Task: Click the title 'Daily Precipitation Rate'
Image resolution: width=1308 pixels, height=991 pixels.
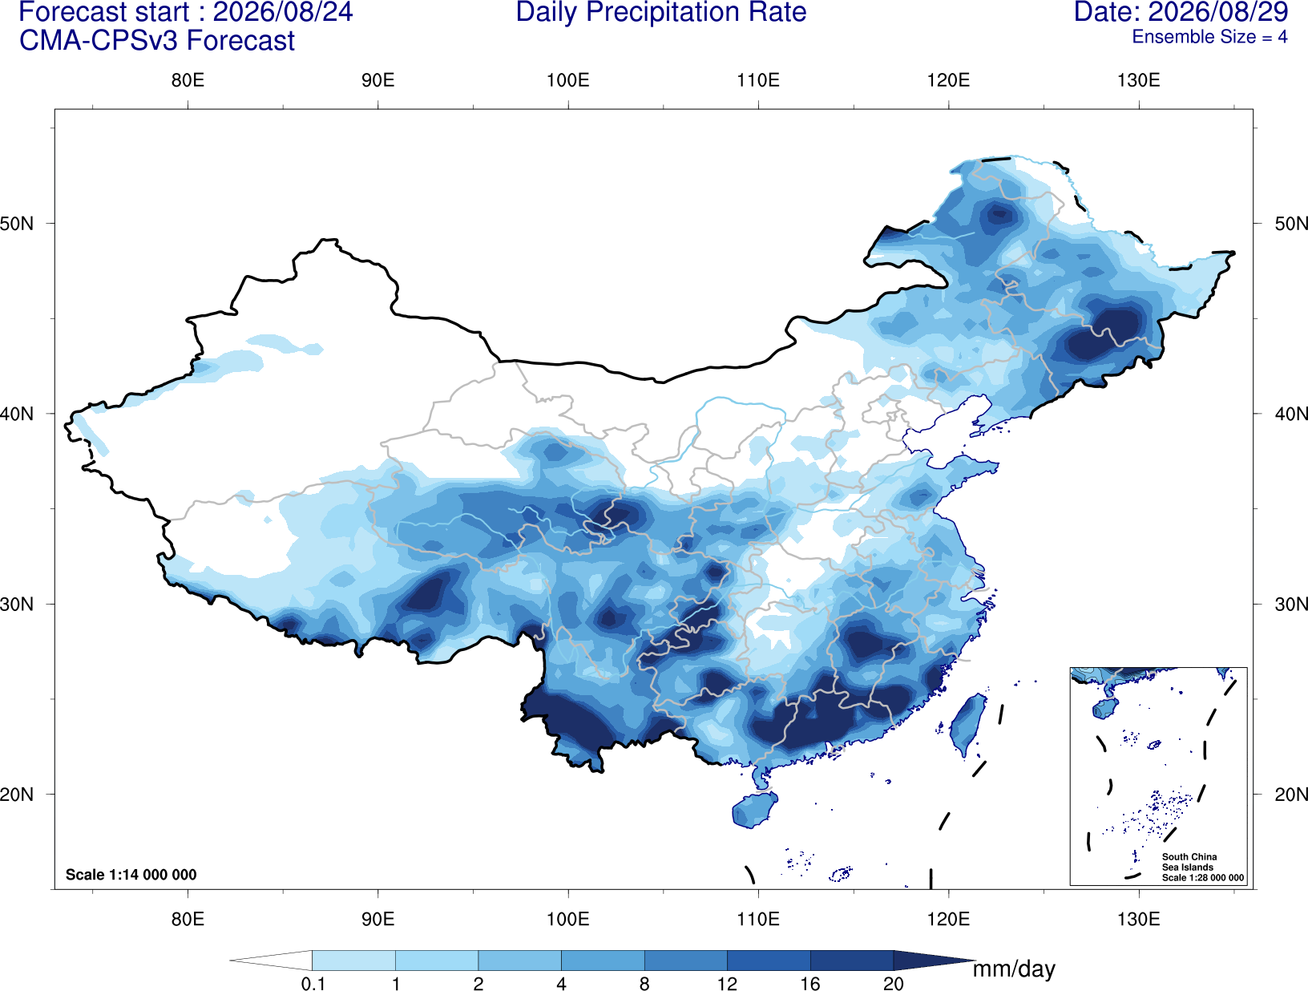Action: point(661,12)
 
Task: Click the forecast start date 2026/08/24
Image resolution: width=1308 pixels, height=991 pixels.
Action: point(282,12)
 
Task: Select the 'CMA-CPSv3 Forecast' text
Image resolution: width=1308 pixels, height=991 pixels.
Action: point(157,41)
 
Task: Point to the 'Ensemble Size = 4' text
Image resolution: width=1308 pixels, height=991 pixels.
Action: point(1209,37)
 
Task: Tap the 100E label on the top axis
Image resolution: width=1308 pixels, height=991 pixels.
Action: point(568,80)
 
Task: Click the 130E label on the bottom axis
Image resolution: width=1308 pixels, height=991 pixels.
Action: point(1139,919)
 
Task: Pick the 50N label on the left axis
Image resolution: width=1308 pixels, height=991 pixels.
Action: point(17,224)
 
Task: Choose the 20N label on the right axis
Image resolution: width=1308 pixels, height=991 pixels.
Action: point(1290,795)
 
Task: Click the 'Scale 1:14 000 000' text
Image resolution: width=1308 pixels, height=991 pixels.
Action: point(131,874)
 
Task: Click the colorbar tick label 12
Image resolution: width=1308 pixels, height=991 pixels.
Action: point(727,984)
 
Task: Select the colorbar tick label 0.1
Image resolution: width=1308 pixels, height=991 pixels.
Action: point(313,984)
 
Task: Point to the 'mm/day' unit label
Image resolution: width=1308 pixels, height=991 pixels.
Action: point(1014,969)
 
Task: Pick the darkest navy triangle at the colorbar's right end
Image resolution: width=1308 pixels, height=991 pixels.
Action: point(930,960)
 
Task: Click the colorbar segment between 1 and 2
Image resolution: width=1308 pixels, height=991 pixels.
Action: point(437,960)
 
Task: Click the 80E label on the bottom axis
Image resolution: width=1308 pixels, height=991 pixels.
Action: point(188,919)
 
